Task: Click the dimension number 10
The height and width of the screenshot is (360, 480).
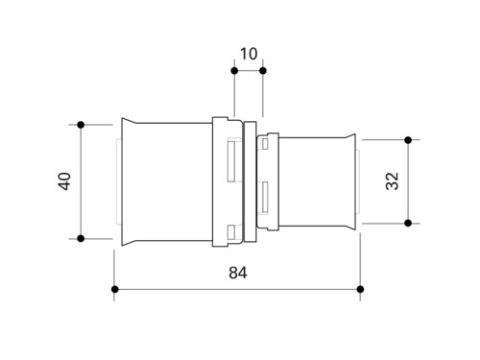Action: [x=249, y=54]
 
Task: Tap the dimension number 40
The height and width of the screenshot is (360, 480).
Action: [x=65, y=181]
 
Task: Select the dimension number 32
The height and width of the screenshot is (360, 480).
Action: [x=393, y=181]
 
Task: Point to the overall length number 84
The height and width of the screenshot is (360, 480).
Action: [x=238, y=273]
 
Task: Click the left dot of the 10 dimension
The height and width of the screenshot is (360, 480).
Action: [x=234, y=71]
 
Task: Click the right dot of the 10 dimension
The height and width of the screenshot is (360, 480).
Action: [x=263, y=71]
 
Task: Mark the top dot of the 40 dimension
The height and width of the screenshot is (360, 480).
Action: [x=81, y=125]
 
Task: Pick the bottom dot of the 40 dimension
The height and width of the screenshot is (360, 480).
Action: [x=81, y=238]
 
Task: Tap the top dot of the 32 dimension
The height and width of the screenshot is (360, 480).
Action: [x=408, y=140]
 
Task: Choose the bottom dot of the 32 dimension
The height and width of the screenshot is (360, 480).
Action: [x=408, y=223]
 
